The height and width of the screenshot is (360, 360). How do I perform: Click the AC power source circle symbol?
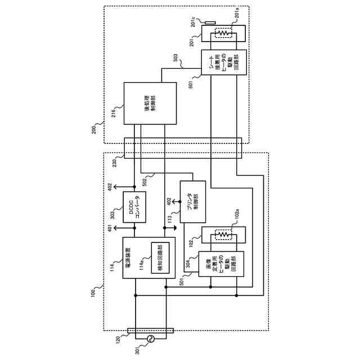point(151,339)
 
